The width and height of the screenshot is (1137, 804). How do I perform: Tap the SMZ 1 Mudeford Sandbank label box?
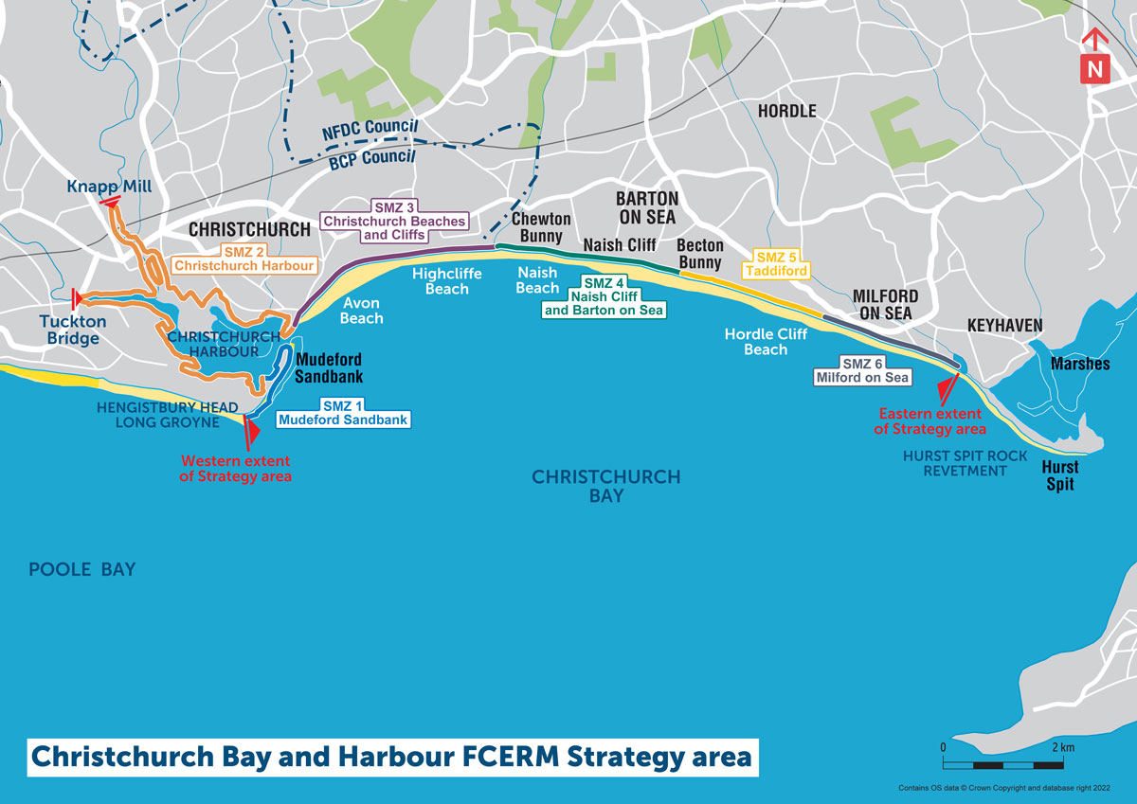click(343, 412)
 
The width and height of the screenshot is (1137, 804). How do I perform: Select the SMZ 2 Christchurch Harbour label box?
click(244, 259)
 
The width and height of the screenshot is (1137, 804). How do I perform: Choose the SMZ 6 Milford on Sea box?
click(861, 369)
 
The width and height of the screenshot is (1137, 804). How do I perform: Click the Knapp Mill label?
click(110, 187)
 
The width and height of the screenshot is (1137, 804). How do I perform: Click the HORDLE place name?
click(786, 111)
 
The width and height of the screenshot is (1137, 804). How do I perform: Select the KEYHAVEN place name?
click(1004, 326)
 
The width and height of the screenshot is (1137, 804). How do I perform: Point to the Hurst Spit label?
click(1060, 474)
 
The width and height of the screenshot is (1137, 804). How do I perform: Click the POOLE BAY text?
click(82, 569)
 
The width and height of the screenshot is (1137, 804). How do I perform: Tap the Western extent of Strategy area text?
click(236, 469)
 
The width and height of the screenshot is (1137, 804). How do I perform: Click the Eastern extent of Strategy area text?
click(930, 421)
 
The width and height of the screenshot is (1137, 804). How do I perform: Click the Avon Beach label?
click(361, 311)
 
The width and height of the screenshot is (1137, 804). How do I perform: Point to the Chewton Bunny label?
click(541, 227)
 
